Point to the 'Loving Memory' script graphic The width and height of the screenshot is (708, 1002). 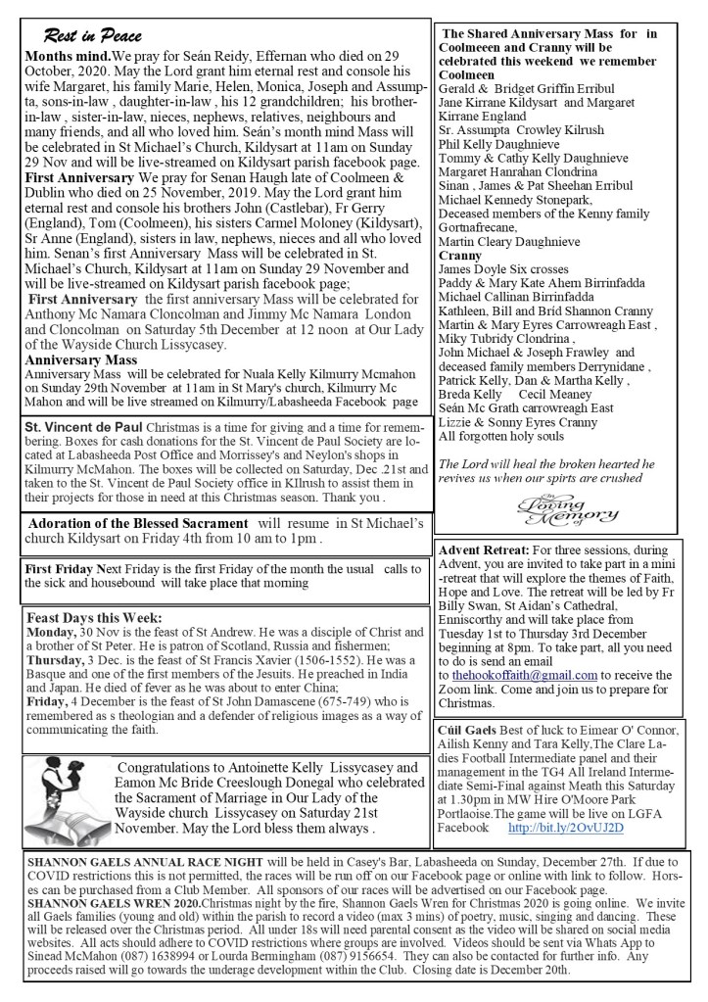pyautogui.click(x=561, y=510)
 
